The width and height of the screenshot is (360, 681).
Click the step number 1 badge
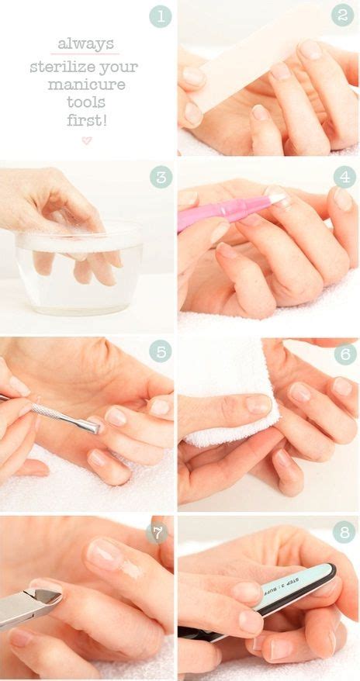pyautogui.click(x=160, y=16)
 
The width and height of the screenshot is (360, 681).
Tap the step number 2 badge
pyautogui.click(x=342, y=16)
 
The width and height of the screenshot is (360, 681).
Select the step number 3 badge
pyautogui.click(x=160, y=177)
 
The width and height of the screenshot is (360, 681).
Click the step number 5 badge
pyautogui.click(x=160, y=351)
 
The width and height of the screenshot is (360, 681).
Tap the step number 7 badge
pyautogui.click(x=157, y=533)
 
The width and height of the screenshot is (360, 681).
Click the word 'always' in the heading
pyautogui.click(x=85, y=45)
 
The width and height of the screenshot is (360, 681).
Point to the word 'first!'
pyautogui.click(x=86, y=120)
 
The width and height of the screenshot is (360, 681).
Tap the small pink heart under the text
pyautogui.click(x=86, y=140)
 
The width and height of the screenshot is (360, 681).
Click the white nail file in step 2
pyautogui.click(x=248, y=62)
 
